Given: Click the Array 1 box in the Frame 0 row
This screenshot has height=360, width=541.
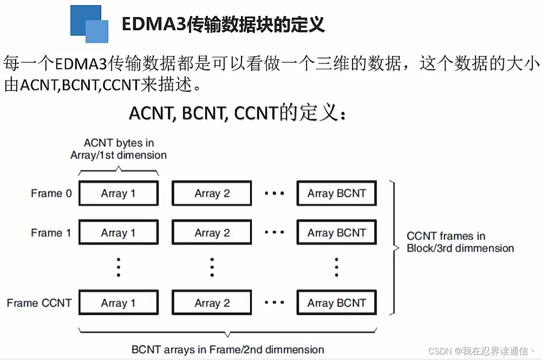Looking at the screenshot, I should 118,193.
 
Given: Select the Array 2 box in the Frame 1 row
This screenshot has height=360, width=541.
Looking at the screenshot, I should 212,233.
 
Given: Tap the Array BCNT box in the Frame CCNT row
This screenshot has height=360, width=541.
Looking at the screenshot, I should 336,303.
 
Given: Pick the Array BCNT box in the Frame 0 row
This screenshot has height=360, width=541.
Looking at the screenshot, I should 336,193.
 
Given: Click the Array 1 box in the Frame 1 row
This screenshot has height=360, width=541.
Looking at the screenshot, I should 118,233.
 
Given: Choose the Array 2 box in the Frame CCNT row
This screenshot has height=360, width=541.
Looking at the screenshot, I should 212,303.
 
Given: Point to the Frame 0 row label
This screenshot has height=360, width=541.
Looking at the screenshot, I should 51,193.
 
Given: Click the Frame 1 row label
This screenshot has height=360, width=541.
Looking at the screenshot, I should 51,233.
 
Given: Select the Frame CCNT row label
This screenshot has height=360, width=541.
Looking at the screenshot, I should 39,303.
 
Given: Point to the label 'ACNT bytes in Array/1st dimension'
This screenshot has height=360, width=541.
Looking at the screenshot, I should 118,149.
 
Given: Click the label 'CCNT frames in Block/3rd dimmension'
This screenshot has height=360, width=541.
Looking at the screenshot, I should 460,242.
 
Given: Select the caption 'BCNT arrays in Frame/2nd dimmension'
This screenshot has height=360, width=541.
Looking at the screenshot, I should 228,350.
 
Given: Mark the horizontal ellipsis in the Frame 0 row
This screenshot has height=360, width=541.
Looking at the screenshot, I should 275,193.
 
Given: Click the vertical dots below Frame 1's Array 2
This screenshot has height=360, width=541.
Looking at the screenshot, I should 212,267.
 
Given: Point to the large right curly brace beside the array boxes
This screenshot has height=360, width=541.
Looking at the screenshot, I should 392,247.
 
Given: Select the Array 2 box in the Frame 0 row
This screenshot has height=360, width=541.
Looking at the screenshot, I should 212,193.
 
